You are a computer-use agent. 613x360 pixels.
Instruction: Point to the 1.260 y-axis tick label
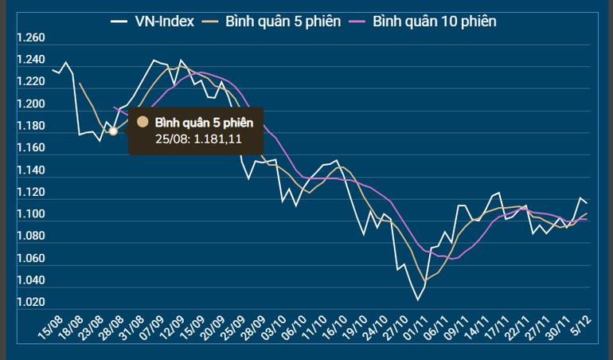[x=30, y=38]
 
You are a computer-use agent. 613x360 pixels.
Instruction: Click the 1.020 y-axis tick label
[x=30, y=303]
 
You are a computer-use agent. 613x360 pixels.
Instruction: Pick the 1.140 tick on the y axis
[x=30, y=170]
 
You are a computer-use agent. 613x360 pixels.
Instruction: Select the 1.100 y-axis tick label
[x=30, y=215]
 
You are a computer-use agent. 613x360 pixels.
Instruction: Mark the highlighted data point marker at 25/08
[x=113, y=131]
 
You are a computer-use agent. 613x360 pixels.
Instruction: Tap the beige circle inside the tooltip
[x=143, y=122]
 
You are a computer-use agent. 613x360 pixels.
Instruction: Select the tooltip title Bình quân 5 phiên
[x=204, y=122]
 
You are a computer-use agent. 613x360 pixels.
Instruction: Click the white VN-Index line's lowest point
[x=418, y=299]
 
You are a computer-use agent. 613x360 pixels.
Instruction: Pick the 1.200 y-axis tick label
[x=30, y=104]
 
